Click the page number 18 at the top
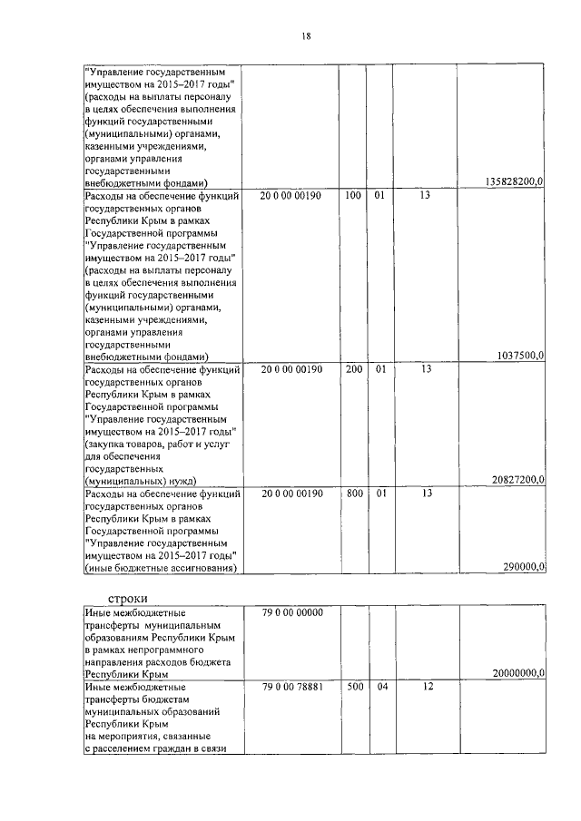tap(307, 35)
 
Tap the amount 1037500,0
tap(520, 357)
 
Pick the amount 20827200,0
tap(515, 480)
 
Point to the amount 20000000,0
tap(515, 675)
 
